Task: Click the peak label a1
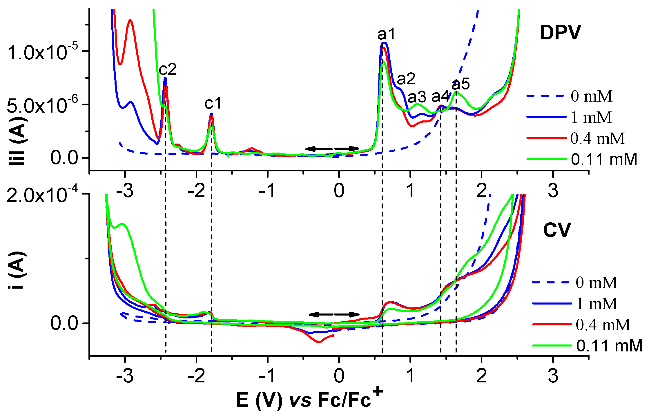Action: click(x=386, y=35)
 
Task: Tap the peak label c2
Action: click(x=168, y=69)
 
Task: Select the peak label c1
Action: click(x=213, y=103)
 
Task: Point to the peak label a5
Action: click(x=461, y=84)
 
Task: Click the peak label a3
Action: click(x=417, y=97)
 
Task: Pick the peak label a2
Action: click(x=406, y=79)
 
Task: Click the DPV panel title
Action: click(x=560, y=33)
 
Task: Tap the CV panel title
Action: click(x=557, y=230)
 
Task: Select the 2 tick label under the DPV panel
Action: click(x=482, y=191)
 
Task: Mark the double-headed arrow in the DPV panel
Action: click(x=332, y=149)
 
